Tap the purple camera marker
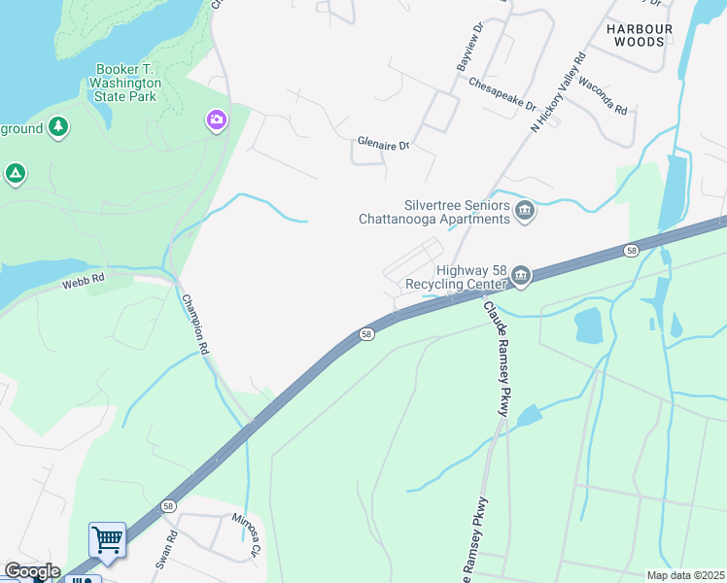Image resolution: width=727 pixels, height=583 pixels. (x=216, y=120)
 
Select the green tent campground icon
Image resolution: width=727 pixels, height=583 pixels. (x=15, y=174)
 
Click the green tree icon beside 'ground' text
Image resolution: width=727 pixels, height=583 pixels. (x=59, y=128)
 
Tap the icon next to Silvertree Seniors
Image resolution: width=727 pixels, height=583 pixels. (x=525, y=211)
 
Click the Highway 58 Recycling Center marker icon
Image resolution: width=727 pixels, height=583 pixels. (x=521, y=277)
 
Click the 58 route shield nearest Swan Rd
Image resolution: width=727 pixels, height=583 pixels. (x=169, y=506)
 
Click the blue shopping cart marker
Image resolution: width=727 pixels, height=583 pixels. (x=107, y=539)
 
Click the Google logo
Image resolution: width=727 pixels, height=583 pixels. (x=31, y=571)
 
